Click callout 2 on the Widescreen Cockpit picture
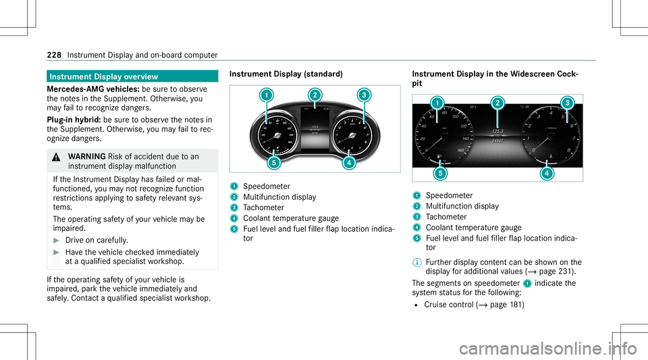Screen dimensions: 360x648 [497, 103]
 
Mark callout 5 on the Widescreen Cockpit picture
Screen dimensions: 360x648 [439, 173]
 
